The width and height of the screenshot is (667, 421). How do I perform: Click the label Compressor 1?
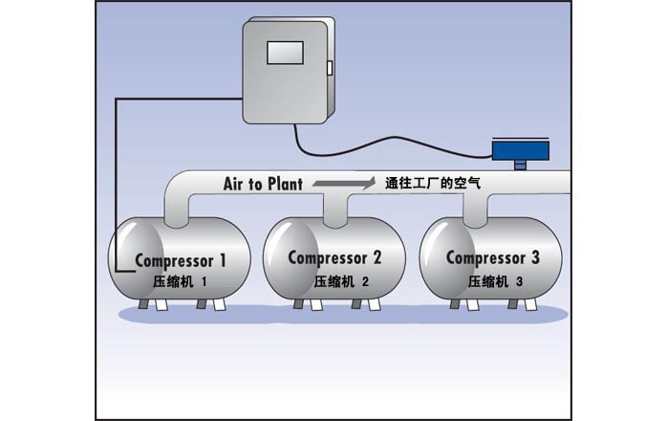pos(181,259)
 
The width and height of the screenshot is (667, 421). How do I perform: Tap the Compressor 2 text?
pos(334,257)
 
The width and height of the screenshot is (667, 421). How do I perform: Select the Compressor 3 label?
pos(493,257)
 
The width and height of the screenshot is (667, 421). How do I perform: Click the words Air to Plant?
pos(263,185)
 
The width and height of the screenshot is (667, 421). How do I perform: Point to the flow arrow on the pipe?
pos(340,183)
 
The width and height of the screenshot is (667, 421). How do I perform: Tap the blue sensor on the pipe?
pos(520,149)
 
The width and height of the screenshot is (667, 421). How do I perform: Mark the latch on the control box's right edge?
pos(328,69)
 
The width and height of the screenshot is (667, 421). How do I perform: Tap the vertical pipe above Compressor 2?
pos(334,210)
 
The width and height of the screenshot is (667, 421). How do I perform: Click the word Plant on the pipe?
pos(284,185)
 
